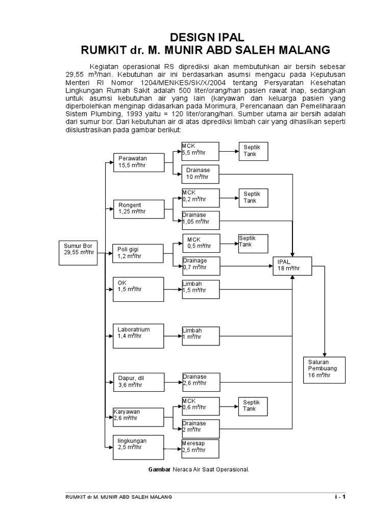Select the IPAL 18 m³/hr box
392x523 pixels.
click(292, 265)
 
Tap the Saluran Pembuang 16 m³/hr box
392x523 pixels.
click(324, 369)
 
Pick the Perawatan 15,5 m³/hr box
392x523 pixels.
click(138, 162)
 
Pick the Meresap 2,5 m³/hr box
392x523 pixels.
click(201, 447)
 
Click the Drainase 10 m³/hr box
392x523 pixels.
click(201, 174)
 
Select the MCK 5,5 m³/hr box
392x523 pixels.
click(201, 152)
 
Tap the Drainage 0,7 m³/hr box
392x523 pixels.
click(201, 265)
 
